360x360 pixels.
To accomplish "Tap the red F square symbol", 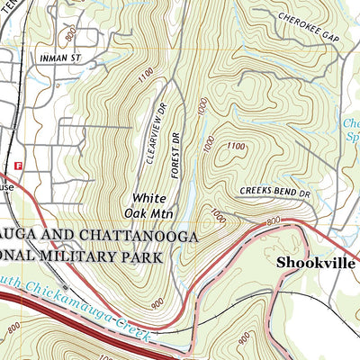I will (19, 166).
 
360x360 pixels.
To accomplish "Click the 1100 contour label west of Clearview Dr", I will (147, 80).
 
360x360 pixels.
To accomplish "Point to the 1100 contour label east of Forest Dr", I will (236, 146).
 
